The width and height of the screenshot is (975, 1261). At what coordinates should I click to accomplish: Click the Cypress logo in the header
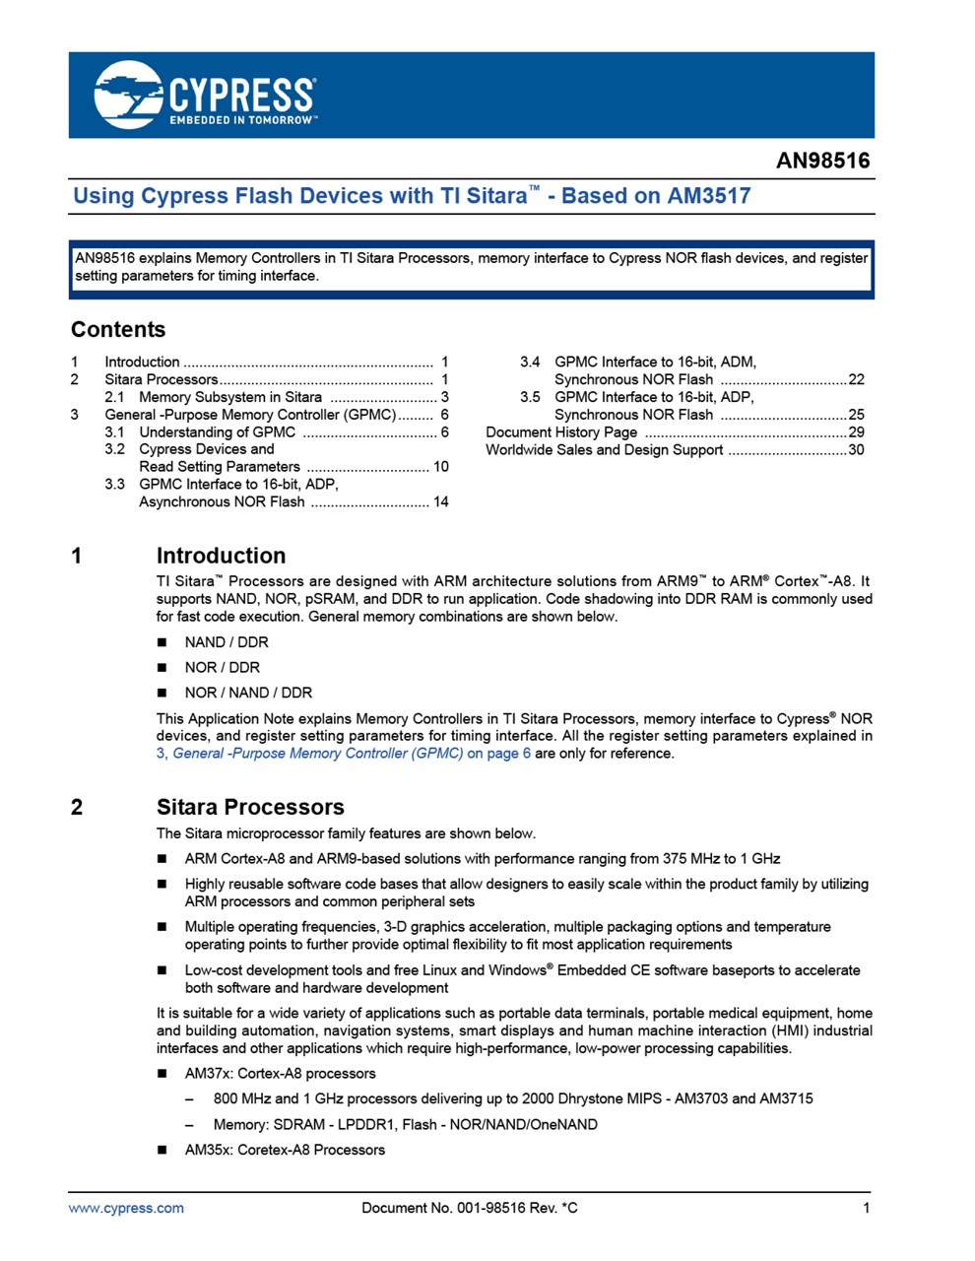click(205, 95)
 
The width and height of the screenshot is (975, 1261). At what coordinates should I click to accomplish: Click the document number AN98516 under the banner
click(822, 161)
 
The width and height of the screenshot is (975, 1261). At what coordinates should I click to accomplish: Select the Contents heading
click(118, 330)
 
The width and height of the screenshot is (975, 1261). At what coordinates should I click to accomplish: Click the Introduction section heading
click(221, 556)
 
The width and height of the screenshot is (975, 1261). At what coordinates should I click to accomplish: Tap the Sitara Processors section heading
click(250, 808)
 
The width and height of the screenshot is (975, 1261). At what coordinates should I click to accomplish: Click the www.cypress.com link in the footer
click(126, 1208)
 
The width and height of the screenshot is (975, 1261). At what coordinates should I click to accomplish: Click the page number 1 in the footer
click(867, 1208)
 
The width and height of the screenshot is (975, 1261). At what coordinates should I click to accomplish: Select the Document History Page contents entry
click(561, 432)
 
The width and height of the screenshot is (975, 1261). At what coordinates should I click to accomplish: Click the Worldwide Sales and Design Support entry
click(604, 450)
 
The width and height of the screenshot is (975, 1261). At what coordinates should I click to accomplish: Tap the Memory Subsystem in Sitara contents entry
click(230, 397)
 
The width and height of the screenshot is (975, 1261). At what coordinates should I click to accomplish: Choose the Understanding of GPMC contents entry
click(217, 432)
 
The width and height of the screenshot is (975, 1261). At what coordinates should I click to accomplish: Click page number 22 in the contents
click(856, 379)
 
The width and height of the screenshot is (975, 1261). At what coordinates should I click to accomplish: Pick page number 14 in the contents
click(440, 502)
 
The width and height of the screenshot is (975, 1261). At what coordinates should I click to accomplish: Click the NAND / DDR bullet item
click(227, 642)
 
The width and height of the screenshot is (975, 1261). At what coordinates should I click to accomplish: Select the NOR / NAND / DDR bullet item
click(248, 693)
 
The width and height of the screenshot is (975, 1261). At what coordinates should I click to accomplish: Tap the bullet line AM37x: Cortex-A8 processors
click(280, 1074)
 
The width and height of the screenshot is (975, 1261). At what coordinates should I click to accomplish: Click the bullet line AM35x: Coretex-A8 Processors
click(285, 1150)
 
